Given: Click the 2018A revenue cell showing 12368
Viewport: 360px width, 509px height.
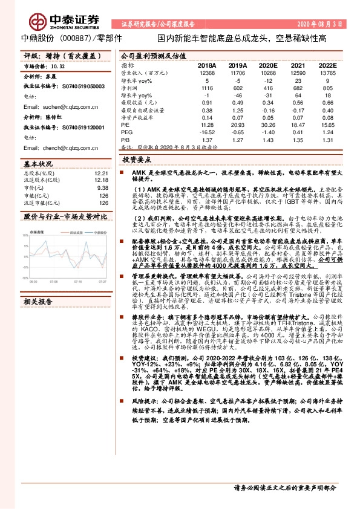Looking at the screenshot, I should (x=206, y=73).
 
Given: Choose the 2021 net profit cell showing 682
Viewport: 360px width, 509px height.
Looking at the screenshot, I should (x=296, y=88).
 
